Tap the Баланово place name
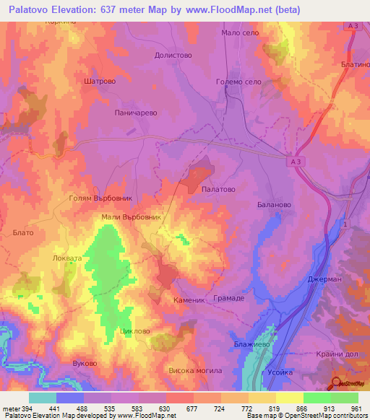pos(274,205)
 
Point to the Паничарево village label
pos(136,113)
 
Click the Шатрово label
pos(100,82)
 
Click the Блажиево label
pos(251,346)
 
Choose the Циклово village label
pos(137,331)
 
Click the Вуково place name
pos(85,363)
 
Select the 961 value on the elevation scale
pos(355,409)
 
